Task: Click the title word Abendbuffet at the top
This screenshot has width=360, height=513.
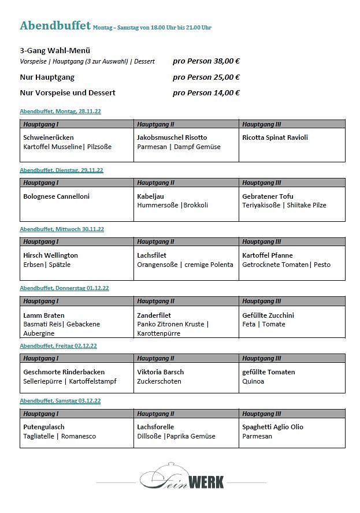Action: [55, 25]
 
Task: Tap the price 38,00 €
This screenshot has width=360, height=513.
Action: [225, 61]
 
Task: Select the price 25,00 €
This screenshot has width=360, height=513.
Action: [225, 77]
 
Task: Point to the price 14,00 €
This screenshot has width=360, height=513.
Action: [225, 92]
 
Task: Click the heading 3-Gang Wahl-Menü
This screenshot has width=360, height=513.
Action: [55, 51]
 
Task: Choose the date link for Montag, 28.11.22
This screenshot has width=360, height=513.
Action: [61, 111]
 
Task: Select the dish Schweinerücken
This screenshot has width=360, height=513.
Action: [49, 137]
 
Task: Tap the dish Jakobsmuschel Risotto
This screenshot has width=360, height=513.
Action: [172, 137]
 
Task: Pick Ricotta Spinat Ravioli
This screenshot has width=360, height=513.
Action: [275, 137]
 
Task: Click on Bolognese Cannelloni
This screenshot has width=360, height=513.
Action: [56, 196]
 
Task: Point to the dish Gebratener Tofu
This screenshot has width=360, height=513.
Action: [268, 196]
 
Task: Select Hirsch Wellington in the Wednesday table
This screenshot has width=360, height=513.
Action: [50, 255]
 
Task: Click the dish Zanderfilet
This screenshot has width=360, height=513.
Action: [154, 315]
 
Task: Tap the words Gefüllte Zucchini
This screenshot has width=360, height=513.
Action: [268, 315]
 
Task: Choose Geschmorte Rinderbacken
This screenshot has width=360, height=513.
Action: [64, 372]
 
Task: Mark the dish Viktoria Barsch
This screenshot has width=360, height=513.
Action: [160, 372]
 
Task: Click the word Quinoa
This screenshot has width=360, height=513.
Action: [253, 381]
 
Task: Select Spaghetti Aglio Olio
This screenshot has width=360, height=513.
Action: [273, 427]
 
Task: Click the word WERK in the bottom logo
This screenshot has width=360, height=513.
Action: [206, 481]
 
